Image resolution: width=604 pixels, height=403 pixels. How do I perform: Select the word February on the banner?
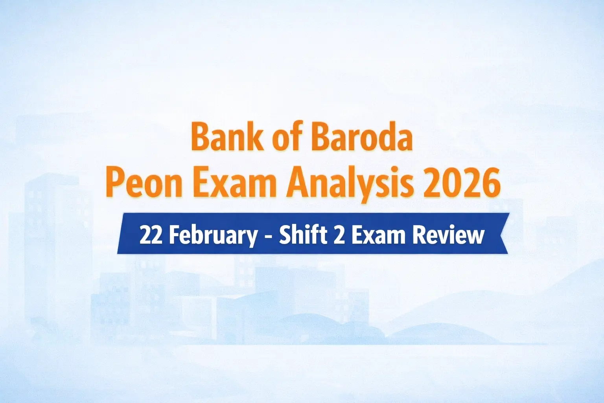(x=212, y=235)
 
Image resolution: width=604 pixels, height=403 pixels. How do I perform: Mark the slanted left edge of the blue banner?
(x=120, y=234)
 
